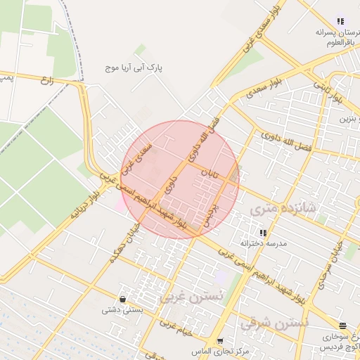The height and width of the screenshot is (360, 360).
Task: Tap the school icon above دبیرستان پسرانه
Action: point(341,21)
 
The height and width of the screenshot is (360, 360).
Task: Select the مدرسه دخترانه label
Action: point(262,243)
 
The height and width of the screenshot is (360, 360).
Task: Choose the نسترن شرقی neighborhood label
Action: point(275,324)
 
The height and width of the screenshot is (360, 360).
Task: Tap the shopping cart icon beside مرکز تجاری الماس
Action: point(220,342)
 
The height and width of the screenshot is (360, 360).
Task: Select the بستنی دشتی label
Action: point(123,309)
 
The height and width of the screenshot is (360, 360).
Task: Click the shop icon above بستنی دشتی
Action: point(123,299)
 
